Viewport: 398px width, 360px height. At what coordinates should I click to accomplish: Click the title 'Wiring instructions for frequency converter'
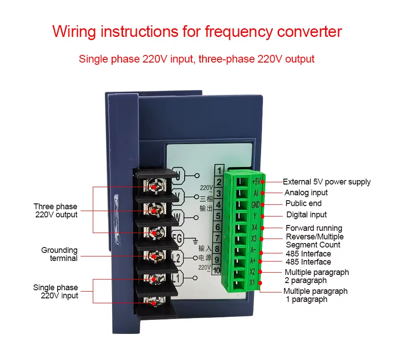tap(197, 32)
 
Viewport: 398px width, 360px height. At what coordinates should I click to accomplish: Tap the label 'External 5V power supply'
tap(326, 182)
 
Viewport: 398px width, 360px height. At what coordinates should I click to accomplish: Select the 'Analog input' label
tap(306, 193)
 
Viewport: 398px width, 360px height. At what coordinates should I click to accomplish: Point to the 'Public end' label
tap(303, 203)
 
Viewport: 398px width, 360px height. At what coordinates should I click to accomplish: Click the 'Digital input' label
tap(307, 215)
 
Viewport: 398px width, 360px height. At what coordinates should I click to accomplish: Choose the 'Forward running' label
tap(314, 228)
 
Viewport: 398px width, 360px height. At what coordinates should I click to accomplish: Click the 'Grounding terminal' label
tap(59, 254)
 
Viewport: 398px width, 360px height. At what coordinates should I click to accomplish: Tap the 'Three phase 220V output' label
tap(56, 211)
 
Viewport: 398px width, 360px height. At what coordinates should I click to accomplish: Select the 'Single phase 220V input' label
tap(56, 292)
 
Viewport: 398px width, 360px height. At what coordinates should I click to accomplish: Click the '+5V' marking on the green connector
tap(255, 181)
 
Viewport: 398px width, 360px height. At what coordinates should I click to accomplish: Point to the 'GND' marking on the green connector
tap(255, 204)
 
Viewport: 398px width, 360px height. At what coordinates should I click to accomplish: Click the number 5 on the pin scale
tap(218, 216)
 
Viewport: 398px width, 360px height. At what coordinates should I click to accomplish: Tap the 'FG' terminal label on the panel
tap(177, 239)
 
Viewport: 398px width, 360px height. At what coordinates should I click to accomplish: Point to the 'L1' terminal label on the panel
tap(176, 279)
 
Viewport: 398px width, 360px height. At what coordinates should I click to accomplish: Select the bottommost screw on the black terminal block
tap(154, 302)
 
